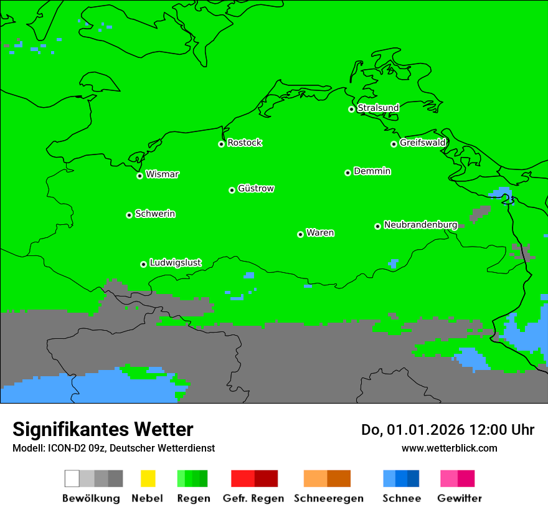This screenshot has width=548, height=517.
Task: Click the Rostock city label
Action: point(245,143)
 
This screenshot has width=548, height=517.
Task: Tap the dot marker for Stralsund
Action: point(351,109)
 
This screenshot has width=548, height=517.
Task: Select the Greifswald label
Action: point(422,143)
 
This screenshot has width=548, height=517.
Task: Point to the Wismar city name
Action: point(162,174)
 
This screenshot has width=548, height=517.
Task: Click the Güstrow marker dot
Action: point(232,190)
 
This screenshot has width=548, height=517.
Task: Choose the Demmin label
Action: point(372,171)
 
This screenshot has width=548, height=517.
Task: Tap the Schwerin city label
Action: point(155,214)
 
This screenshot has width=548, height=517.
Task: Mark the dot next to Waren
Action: point(300,234)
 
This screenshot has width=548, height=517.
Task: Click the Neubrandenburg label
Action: point(420,225)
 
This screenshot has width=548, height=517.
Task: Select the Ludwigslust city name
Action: point(175,263)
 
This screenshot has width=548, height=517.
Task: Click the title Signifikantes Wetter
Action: point(103,429)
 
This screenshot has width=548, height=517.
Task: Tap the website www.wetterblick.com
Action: point(449,448)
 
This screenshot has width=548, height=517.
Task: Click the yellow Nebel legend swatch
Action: point(148,478)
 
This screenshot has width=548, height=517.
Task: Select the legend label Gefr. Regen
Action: point(253,498)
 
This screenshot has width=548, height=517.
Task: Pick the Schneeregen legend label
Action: point(328,498)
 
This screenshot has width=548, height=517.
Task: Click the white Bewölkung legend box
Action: point(72,478)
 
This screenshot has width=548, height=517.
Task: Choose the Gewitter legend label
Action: point(459,498)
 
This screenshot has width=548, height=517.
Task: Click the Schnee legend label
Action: point(401,498)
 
